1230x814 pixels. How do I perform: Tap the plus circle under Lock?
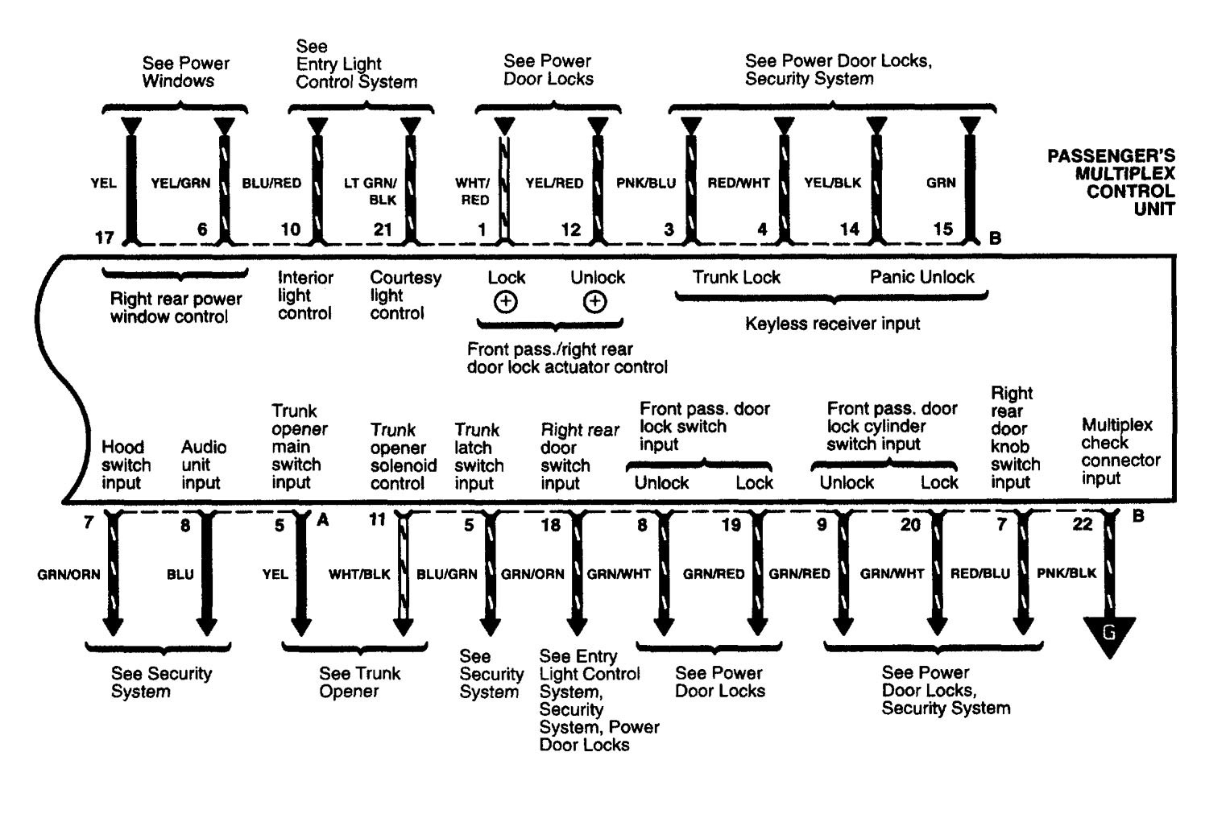coord(506,302)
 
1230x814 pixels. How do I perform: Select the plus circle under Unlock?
coord(595,302)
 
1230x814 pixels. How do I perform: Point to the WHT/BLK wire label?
coord(359,574)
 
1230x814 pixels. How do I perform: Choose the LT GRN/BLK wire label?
coord(371,192)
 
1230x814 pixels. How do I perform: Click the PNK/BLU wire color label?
coord(645,183)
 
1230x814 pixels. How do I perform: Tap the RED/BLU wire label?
coord(980,573)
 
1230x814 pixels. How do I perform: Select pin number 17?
coord(105,238)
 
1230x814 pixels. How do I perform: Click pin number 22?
coord(1083,524)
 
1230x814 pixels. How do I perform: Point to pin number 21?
coord(382,229)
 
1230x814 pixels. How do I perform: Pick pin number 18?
coord(551,525)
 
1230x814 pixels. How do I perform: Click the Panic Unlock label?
coord(921,277)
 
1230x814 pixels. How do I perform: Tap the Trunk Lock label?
coord(736,277)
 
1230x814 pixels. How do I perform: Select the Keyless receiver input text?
coord(832,324)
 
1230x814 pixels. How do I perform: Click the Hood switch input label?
coord(126,465)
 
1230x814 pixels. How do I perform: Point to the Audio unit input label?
coord(203,465)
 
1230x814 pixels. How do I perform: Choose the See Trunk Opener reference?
coord(359,682)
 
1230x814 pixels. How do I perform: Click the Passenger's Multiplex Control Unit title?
coord(1111,182)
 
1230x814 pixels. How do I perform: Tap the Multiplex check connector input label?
coord(1120,451)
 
